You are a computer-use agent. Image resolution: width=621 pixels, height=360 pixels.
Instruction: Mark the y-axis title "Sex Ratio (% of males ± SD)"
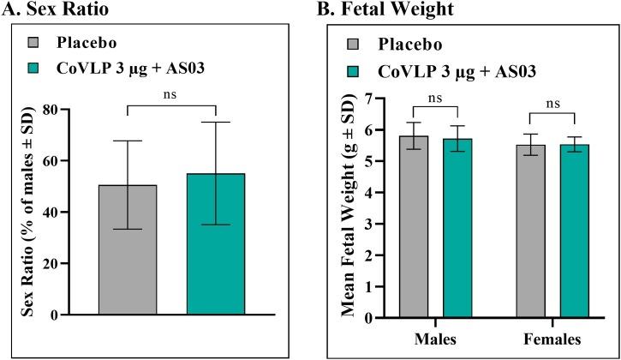tap(39, 212)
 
